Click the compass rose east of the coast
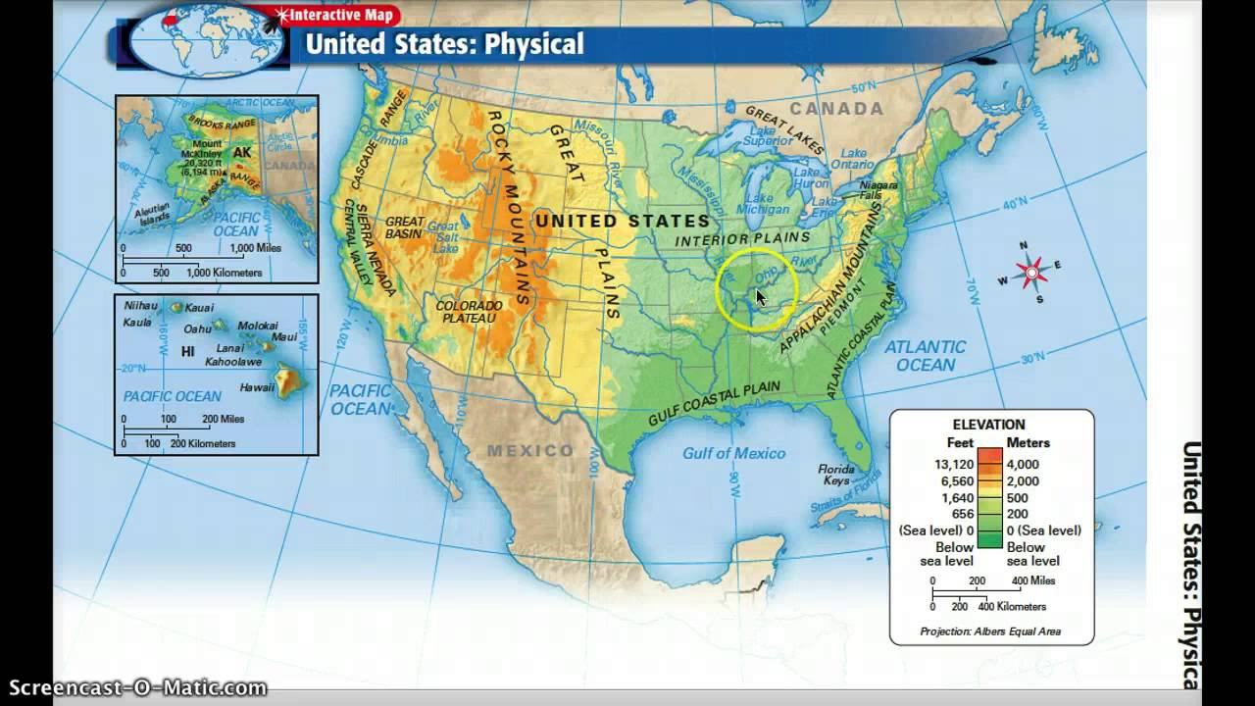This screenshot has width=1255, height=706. (1030, 272)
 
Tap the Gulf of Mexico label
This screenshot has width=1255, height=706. (733, 453)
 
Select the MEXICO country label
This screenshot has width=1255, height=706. (531, 451)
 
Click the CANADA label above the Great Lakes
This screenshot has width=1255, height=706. (836, 109)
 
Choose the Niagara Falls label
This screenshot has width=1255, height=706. (878, 190)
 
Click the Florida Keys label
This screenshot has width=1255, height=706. (835, 476)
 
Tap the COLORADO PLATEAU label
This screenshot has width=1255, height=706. (470, 312)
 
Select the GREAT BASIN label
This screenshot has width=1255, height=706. (405, 227)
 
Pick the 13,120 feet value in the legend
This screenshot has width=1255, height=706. (952, 464)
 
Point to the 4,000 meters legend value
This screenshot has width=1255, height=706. (1023, 464)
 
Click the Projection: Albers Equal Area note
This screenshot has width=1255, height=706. (990, 631)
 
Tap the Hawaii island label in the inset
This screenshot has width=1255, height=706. (257, 387)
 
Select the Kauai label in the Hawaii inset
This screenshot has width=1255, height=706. (199, 308)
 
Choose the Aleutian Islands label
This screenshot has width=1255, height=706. (154, 213)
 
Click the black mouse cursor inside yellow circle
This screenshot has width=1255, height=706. (761, 297)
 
